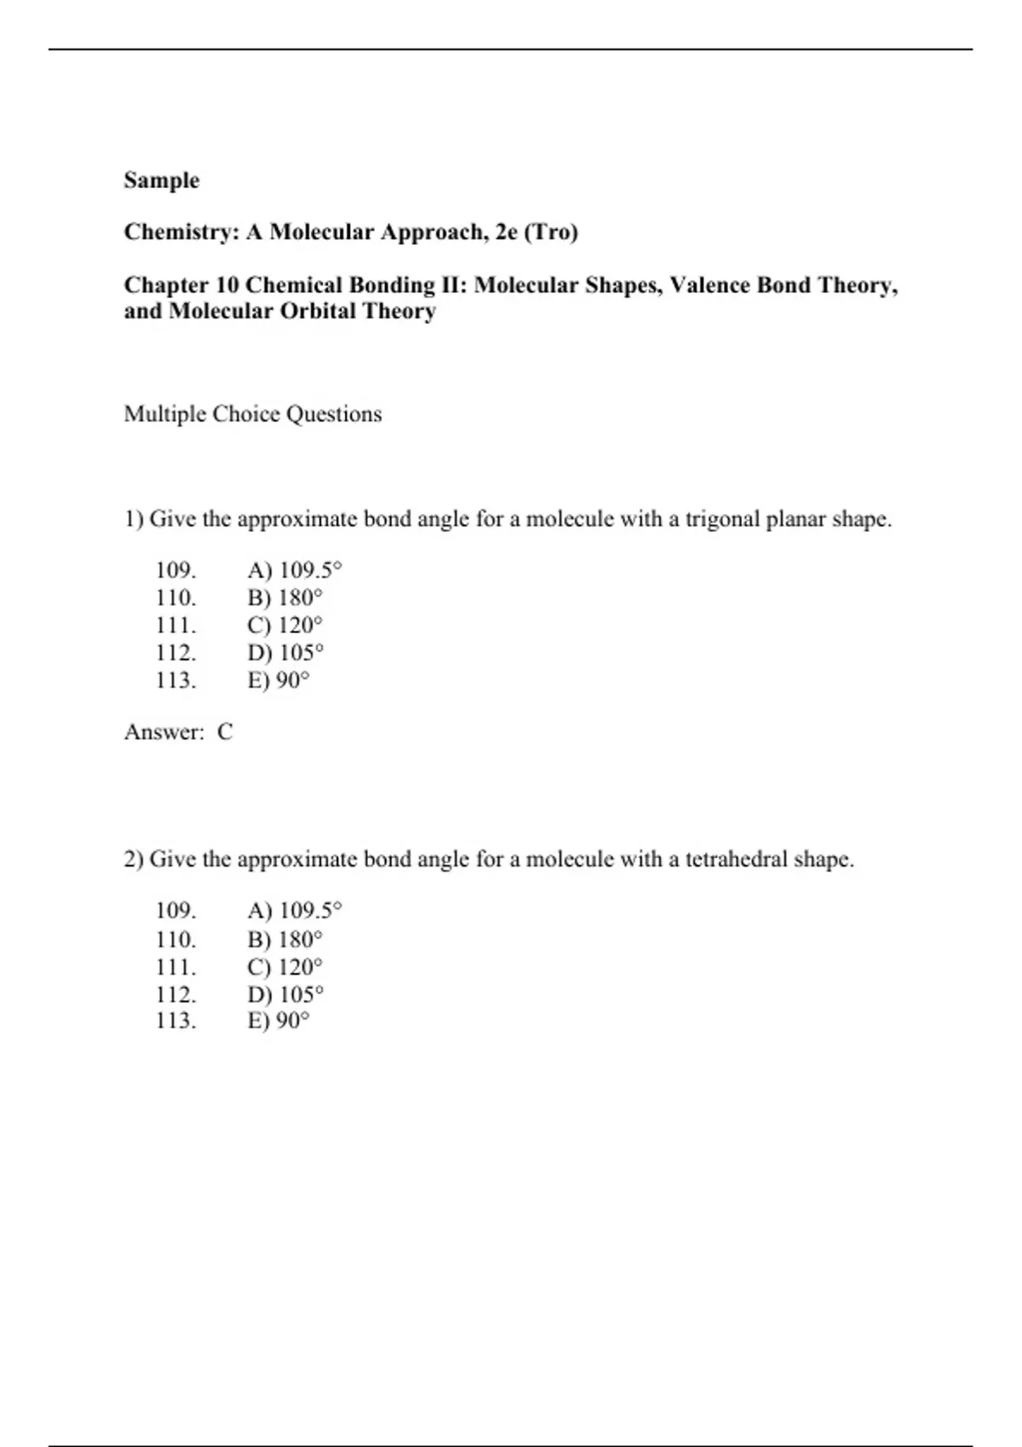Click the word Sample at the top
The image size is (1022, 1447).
[161, 180]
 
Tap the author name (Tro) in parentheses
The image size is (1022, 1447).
[550, 232]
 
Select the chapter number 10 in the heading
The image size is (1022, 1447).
[227, 285]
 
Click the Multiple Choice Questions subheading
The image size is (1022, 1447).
[253, 415]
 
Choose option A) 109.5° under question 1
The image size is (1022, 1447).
[294, 570]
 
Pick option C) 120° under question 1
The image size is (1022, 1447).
[285, 626]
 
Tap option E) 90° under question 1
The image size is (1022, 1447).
[278, 681]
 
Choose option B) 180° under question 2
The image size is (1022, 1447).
[285, 940]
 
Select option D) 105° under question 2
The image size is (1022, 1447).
[285, 994]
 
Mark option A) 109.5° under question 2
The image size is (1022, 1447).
[294, 911]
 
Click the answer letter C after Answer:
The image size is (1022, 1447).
[225, 732]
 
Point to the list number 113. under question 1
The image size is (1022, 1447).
[175, 681]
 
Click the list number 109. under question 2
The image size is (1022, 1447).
[175, 911]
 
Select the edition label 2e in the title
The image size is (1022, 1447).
[506, 232]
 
